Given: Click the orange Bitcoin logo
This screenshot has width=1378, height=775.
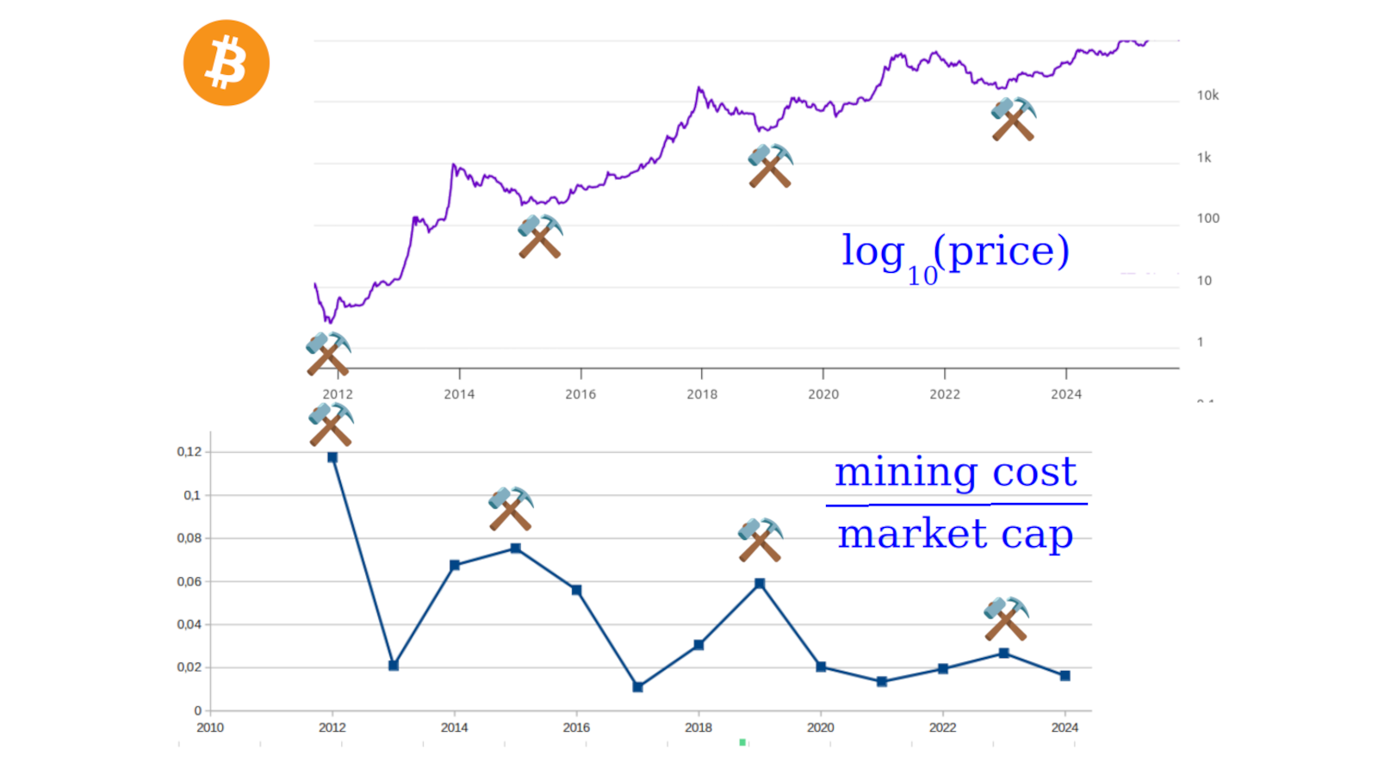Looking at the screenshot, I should [227, 63].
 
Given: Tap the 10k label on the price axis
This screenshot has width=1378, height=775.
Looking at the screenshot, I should [1207, 96].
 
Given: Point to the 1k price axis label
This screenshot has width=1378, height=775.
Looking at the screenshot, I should [1204, 158].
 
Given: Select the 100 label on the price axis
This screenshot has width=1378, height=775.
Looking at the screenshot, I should [1207, 219].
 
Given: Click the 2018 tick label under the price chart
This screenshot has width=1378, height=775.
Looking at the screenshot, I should [702, 394].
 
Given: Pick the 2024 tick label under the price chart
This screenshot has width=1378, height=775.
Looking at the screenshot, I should [1066, 394].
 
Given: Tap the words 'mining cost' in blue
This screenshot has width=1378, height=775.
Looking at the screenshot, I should [955, 472].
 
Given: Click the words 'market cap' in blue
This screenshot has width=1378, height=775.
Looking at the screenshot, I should [955, 534].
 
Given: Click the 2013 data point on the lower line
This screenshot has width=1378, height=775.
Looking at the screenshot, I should [394, 666].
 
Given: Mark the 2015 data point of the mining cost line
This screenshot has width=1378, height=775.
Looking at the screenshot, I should [515, 549].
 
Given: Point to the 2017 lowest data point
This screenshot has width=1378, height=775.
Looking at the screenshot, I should [637, 687].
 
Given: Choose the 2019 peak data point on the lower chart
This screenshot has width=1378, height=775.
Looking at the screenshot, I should [760, 584].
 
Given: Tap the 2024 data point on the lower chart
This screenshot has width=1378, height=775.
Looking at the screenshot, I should [1065, 676].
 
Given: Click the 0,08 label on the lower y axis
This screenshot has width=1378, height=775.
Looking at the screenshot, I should [189, 538].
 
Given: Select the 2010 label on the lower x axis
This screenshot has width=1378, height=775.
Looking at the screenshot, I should [210, 728].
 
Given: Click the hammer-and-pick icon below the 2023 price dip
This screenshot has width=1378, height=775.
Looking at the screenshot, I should [1014, 120].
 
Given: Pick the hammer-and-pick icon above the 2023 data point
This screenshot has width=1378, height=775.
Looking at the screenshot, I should [1006, 619].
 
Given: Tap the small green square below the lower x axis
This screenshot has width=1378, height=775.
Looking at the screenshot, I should [742, 742].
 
